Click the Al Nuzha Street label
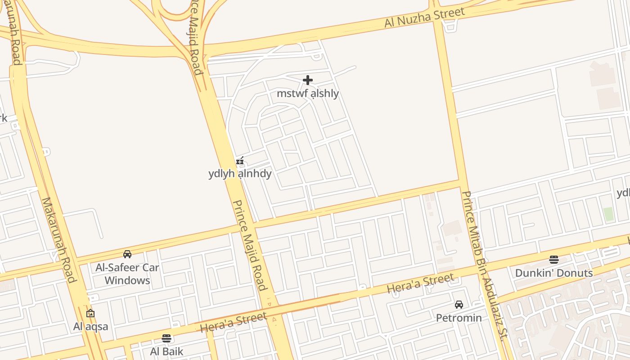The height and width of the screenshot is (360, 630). point(424,17)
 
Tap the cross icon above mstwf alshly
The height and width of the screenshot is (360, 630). point(308,80)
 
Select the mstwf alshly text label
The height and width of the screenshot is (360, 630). point(308,94)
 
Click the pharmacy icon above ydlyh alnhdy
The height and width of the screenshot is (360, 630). point(240,161)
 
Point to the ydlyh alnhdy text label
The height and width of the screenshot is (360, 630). point(240,174)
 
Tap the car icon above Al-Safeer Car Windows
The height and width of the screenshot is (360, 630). point(127,254)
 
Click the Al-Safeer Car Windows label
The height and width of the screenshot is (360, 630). point(127,274)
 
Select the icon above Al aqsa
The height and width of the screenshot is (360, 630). point(90,313)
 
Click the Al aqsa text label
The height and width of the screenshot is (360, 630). point(91,326)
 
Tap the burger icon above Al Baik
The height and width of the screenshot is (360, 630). point(166,338)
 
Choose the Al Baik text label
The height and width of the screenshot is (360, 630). point(166,351)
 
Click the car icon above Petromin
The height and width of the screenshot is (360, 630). point(459,305)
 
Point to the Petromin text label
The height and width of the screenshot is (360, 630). point(459,318)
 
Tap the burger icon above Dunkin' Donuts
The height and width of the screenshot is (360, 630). point(554,260)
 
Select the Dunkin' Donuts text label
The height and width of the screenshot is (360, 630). point(554,273)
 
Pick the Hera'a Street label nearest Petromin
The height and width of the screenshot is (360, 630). point(421,283)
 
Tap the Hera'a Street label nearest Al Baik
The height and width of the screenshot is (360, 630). point(234,323)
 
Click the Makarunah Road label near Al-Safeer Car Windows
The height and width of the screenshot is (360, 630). point(58,240)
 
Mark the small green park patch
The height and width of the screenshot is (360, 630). point(608,214)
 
